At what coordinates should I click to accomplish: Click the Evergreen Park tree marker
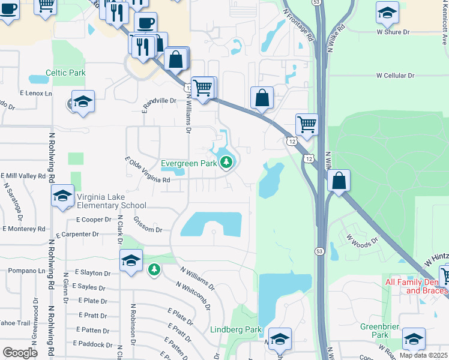[x=226, y=162]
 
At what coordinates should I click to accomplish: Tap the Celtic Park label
[x=67, y=73]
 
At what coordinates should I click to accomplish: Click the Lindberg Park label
[x=236, y=329]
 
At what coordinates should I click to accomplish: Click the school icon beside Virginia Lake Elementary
[x=62, y=196]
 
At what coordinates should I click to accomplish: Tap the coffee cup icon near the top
[x=145, y=23]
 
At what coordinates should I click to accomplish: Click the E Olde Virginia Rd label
[x=148, y=170]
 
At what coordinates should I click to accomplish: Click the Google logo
[x=20, y=352]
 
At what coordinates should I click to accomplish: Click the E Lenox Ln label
[x=35, y=94]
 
